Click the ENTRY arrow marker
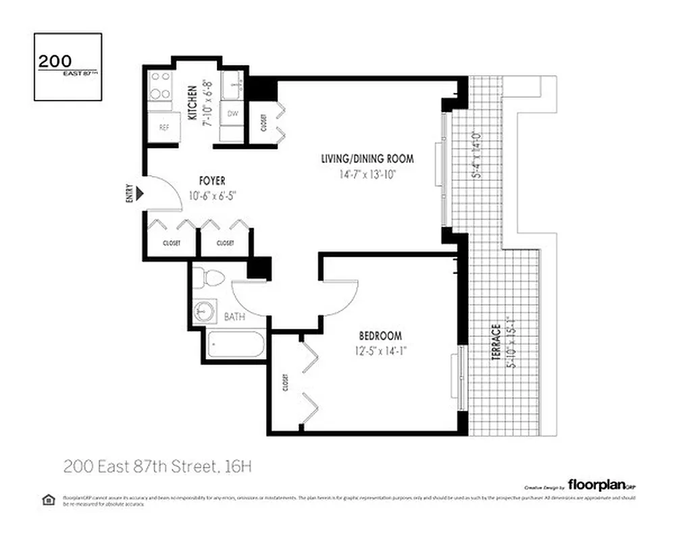click(140, 194)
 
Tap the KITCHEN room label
click(192, 103)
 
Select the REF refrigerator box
click(163, 127)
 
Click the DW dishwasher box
click(232, 114)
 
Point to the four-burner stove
click(161, 86)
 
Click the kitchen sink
click(234, 84)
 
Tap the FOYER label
click(211, 181)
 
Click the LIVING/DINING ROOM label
click(367, 159)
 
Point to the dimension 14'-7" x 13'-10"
click(367, 173)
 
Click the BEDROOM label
click(380, 335)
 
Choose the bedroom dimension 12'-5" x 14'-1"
click(380, 350)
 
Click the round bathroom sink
click(204, 311)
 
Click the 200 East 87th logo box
click(68, 67)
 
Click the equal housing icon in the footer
click(48, 500)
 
